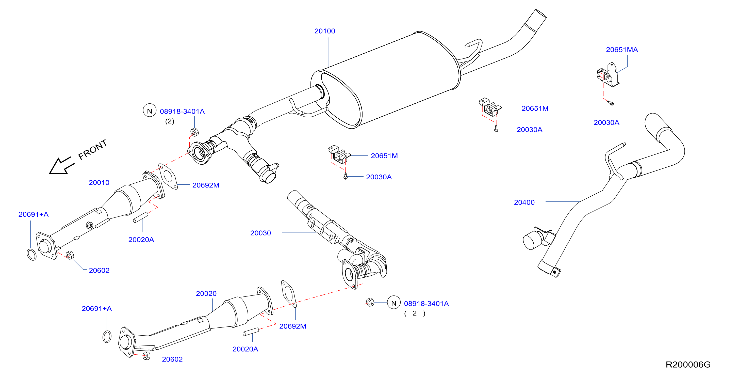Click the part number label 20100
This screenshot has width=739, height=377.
(324, 31)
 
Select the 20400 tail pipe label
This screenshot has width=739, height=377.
(524, 202)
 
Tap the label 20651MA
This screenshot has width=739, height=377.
(622, 50)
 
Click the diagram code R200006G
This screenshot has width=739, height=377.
(688, 364)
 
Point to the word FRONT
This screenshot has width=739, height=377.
(92, 149)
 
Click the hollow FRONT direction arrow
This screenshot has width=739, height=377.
(61, 166)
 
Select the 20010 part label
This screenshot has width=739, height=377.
(99, 183)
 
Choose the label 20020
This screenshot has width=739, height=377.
(206, 293)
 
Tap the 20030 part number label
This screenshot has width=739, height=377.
(260, 233)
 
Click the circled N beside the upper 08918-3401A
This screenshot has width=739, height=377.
(150, 111)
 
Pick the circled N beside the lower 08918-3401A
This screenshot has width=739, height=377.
(393, 303)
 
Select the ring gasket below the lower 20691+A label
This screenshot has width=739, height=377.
(107, 337)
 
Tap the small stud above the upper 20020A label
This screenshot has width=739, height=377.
(141, 217)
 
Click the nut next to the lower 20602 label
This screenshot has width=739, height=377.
(146, 356)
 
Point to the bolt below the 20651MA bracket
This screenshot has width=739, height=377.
(611, 103)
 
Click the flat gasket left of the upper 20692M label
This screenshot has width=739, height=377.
(168, 176)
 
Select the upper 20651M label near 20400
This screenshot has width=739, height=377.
(535, 108)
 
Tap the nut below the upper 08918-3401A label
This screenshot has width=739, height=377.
(194, 132)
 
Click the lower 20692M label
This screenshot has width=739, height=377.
(293, 326)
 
